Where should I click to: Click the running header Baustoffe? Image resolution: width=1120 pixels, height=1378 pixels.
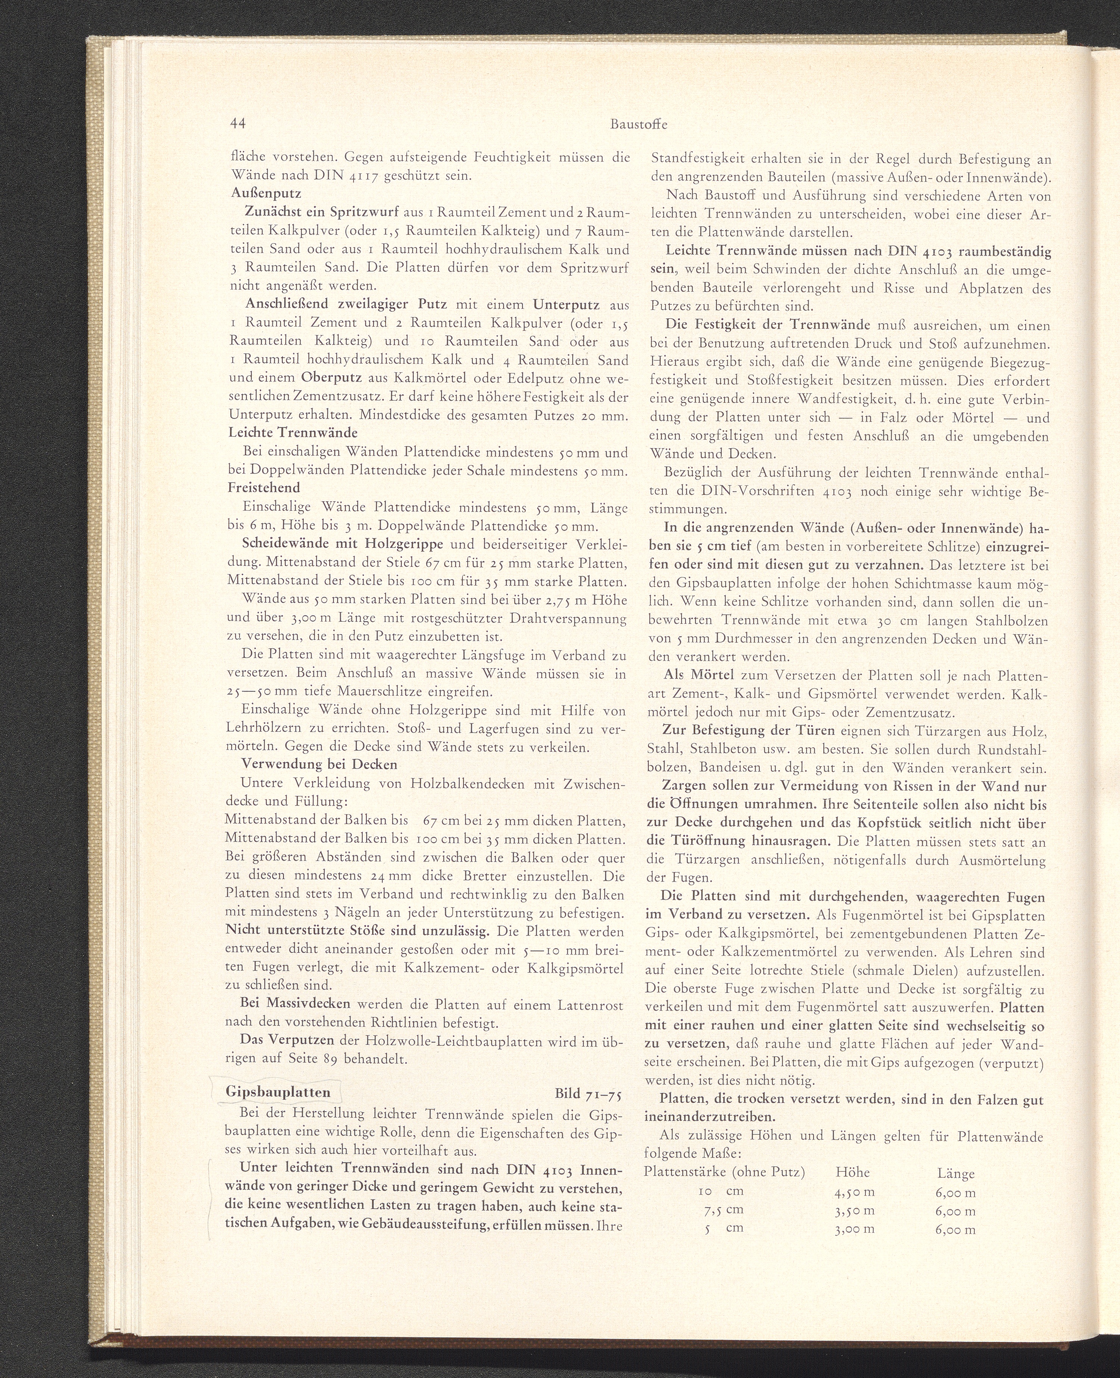click(639, 125)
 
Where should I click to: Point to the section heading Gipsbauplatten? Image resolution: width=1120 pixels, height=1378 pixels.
click(278, 1092)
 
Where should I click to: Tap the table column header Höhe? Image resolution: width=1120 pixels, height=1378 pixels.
click(852, 1173)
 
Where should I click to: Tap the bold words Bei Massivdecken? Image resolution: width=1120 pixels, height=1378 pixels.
click(295, 1022)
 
